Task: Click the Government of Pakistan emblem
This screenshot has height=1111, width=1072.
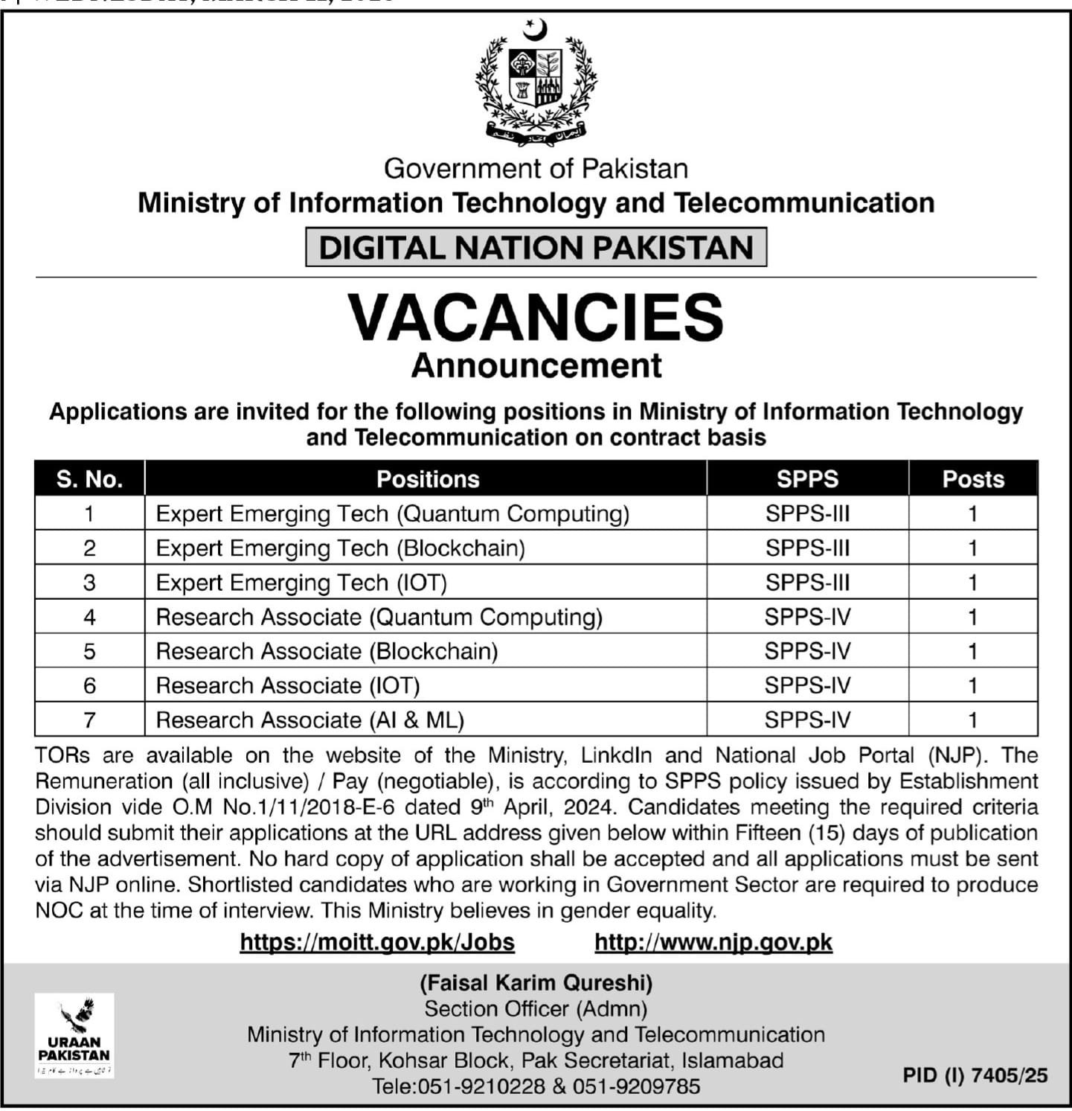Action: tap(536, 82)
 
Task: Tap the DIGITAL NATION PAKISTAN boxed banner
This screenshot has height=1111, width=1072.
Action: tap(536, 247)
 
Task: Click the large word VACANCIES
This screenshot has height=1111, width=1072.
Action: tap(536, 318)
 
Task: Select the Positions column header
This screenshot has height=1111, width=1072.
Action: tap(428, 479)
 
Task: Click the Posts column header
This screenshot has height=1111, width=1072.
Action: tap(973, 479)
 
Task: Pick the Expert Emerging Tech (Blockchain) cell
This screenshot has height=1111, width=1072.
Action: tap(341, 548)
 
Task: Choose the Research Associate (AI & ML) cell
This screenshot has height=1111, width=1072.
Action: tap(310, 720)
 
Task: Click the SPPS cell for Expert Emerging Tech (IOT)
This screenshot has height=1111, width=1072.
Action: tap(807, 583)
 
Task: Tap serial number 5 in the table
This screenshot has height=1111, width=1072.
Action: tap(89, 652)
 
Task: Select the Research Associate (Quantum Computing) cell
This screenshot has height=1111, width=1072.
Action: tap(379, 618)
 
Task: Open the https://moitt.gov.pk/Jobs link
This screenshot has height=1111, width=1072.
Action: tap(377, 942)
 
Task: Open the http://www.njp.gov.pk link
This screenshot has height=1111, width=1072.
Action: tap(713, 942)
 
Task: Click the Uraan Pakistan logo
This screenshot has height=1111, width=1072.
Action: tap(74, 1035)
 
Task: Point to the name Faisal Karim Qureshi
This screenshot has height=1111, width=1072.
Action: tap(536, 983)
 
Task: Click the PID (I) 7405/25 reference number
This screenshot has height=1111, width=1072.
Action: tap(975, 1075)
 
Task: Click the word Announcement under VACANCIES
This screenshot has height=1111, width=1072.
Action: tap(536, 365)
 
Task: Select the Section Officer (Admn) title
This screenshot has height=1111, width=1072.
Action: tap(536, 1009)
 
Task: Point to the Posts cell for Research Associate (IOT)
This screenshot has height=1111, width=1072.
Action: tap(973, 686)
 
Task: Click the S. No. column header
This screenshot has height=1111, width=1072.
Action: tap(89, 479)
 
